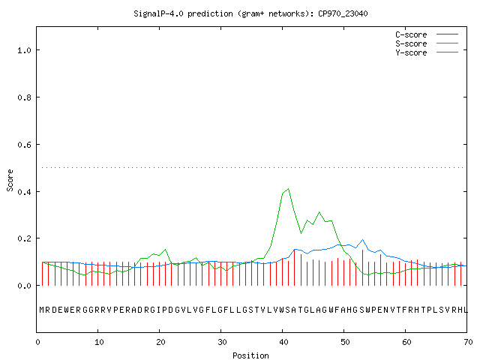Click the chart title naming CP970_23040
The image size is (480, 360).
coord(250,13)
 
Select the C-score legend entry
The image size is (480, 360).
coord(427,34)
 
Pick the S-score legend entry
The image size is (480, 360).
coord(427,43)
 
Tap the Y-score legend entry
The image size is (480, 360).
coord(427,52)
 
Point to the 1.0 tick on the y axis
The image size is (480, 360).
coord(25,50)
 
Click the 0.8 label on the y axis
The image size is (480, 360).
coord(25,97)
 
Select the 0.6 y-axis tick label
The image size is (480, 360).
coord(25,145)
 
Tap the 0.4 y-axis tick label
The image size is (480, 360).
coord(25,192)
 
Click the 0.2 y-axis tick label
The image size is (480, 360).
coord(25,238)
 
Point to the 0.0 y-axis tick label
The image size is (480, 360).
coord(25,286)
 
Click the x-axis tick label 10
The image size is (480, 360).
coord(99,342)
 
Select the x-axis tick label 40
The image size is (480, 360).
coord(283,342)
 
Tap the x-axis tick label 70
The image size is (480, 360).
coord(468,342)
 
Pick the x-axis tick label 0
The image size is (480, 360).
coord(37,342)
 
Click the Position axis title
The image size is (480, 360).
coord(250,355)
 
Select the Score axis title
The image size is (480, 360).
coord(10,180)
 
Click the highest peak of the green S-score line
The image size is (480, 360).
coord(288,189)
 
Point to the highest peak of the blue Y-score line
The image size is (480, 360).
coord(362,240)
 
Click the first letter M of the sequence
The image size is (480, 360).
coord(42,310)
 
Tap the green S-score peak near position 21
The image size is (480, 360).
coord(165,250)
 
